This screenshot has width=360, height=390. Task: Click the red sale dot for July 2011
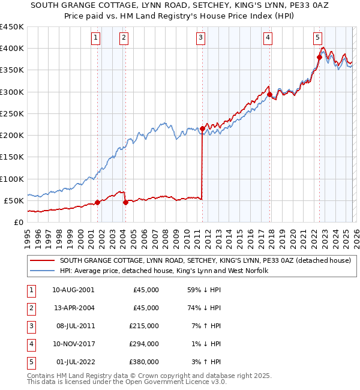(x=202, y=128)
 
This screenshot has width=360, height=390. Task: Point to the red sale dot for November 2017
(x=269, y=94)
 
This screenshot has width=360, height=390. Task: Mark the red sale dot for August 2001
(x=97, y=202)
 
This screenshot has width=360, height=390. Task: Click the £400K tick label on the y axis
(x=12, y=49)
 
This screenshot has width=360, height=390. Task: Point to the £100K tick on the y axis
(x=12, y=179)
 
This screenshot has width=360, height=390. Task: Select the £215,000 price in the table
(x=145, y=326)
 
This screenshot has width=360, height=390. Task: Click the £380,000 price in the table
(x=145, y=362)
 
